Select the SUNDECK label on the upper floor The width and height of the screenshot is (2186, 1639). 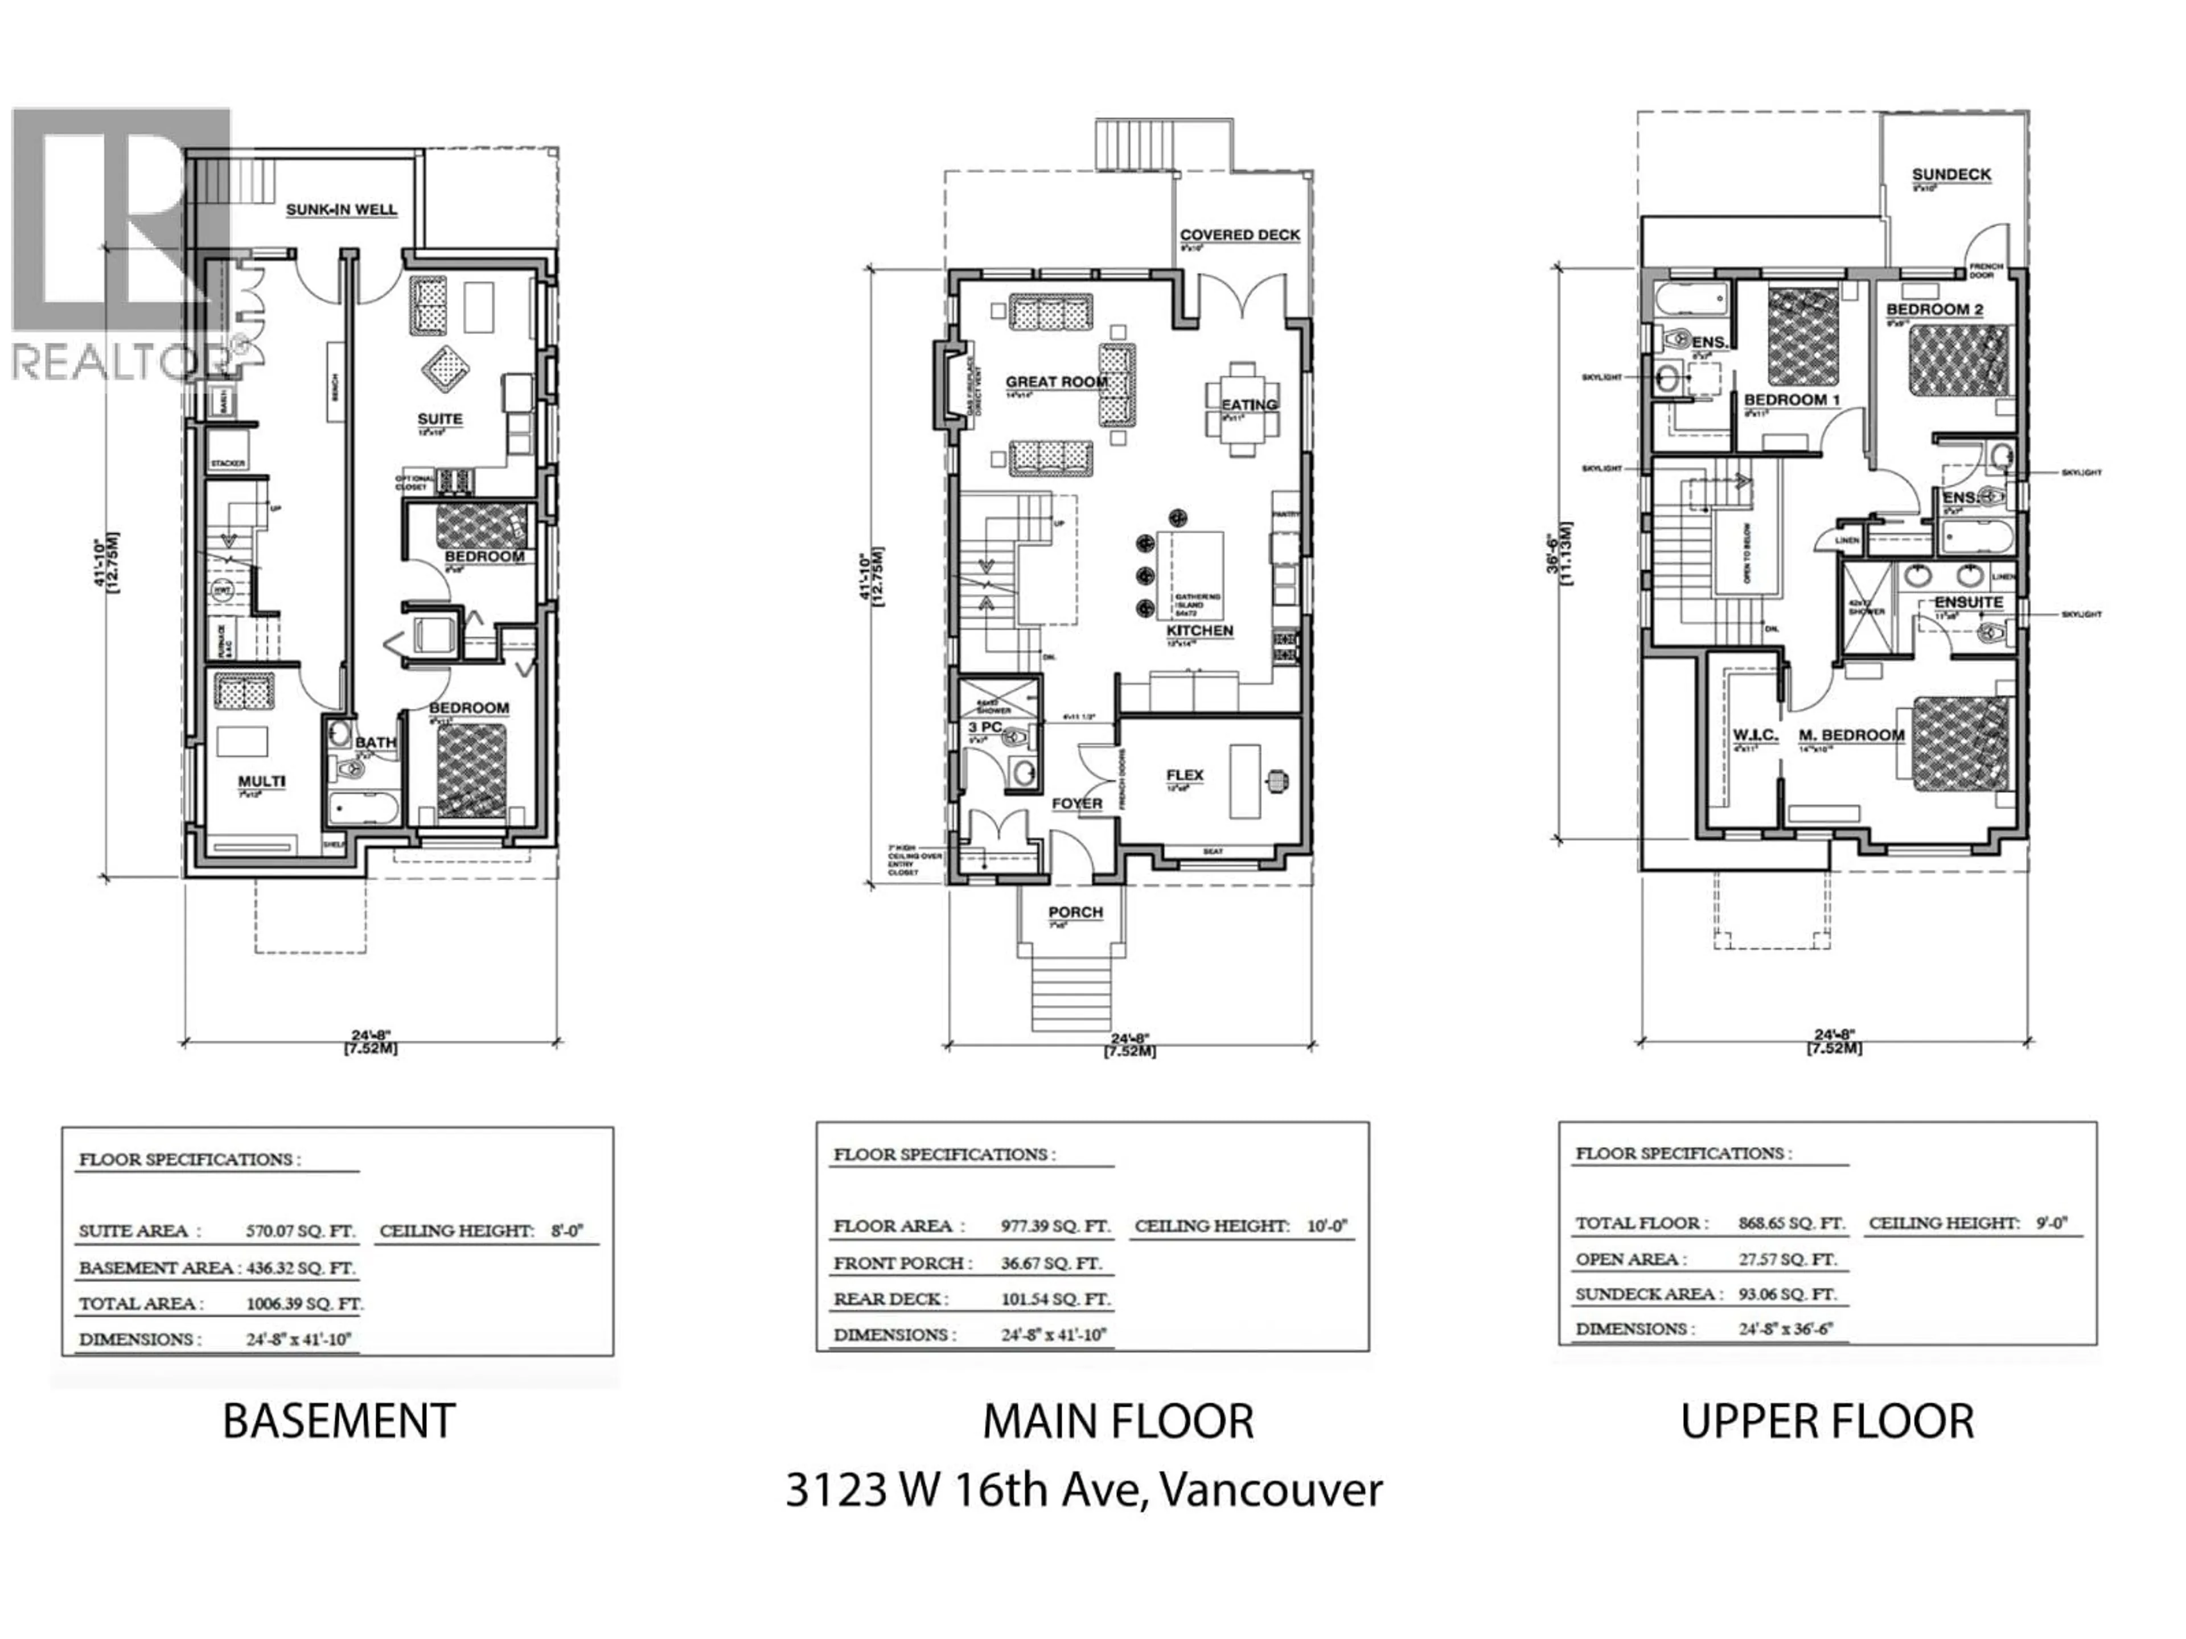click(x=1951, y=175)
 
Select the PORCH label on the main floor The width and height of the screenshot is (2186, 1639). click(x=1075, y=912)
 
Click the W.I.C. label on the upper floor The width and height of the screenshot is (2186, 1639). click(x=1755, y=735)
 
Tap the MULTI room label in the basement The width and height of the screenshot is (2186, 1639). click(x=262, y=781)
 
